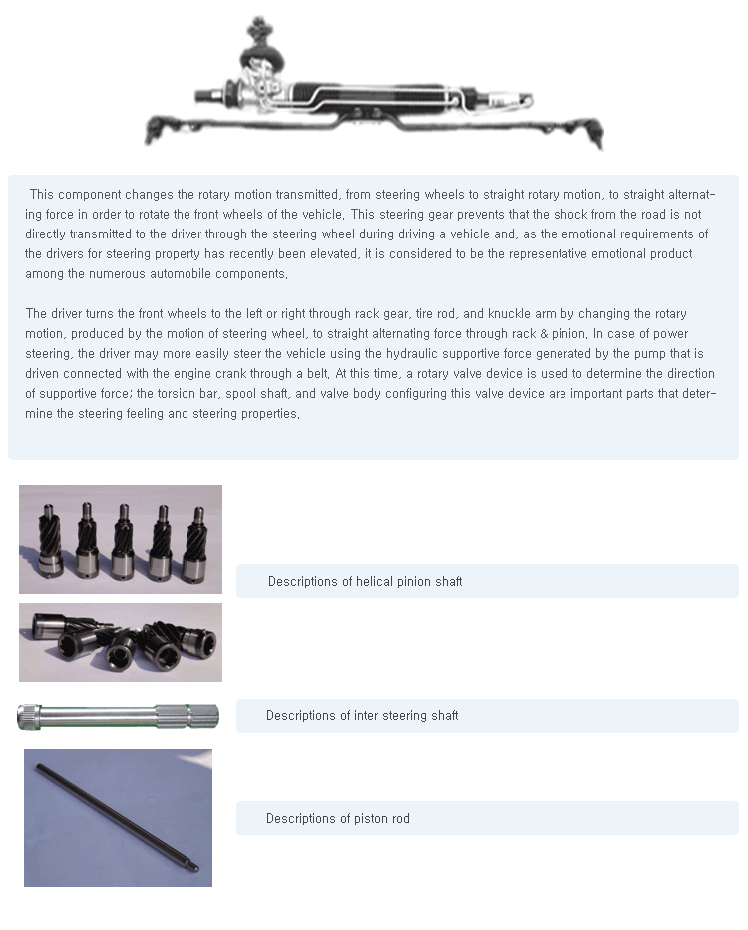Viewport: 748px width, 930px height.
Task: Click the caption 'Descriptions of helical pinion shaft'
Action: tap(365, 581)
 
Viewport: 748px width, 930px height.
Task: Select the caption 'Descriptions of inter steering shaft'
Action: tap(362, 715)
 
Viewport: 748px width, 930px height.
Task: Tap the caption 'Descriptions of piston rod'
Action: tap(338, 818)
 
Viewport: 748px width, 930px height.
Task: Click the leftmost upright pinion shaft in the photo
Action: tap(51, 542)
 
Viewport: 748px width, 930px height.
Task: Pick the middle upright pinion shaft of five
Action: tap(123, 542)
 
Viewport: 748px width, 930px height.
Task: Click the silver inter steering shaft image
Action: tap(118, 717)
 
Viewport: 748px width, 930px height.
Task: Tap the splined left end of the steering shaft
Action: tap(29, 717)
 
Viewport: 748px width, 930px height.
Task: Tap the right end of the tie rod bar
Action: tap(593, 133)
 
